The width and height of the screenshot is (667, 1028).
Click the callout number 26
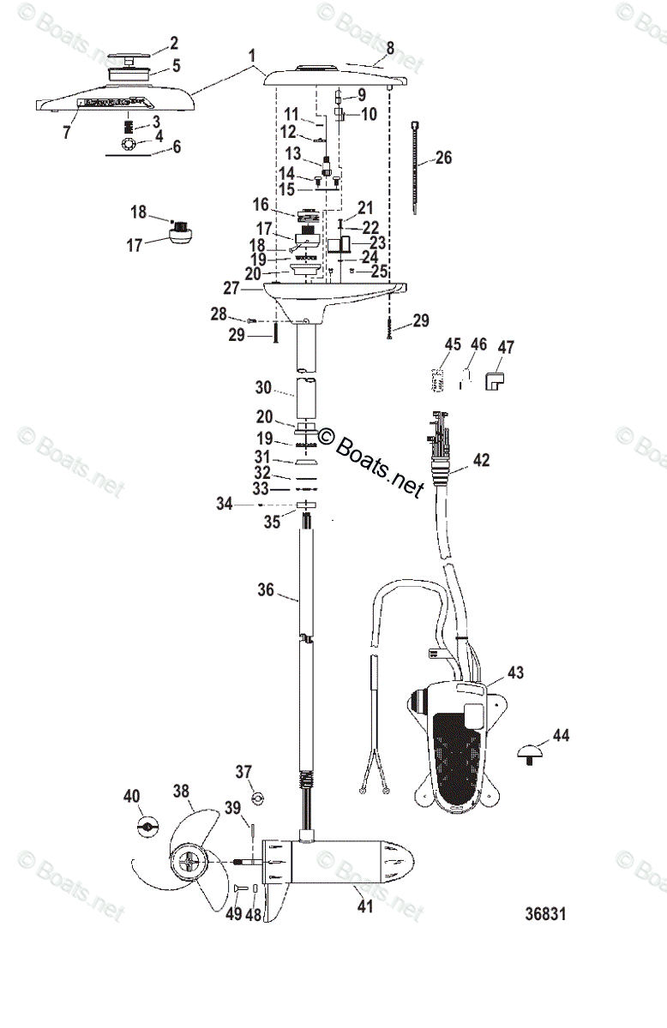(x=443, y=158)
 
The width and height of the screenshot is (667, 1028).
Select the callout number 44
(x=561, y=735)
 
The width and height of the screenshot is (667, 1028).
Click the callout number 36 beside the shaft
(x=265, y=589)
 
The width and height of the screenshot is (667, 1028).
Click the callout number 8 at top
(x=390, y=49)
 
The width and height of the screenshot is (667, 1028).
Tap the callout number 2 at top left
(x=174, y=42)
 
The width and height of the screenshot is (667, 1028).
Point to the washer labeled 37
(x=255, y=799)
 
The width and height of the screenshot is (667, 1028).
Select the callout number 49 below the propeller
(x=233, y=914)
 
